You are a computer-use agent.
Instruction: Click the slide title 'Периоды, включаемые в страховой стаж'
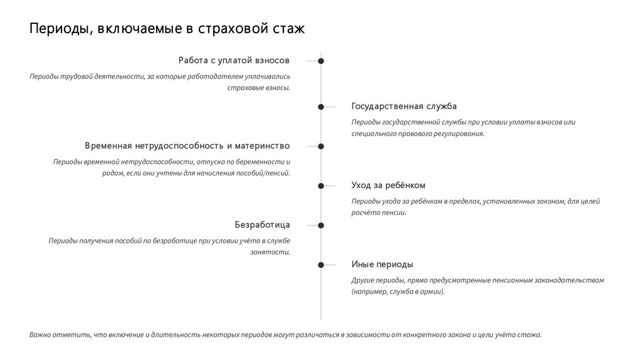coord(166,29)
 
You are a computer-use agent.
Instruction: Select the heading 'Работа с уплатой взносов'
coord(234,61)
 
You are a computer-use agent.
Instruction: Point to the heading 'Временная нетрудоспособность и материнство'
coord(187,146)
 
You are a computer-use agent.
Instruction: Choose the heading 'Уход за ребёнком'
coord(388,186)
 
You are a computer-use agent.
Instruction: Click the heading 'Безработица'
coord(262,225)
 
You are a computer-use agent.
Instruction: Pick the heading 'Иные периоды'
coord(382,265)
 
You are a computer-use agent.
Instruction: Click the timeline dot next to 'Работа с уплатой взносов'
coord(321,61)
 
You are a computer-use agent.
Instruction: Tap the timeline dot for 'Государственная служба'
coord(321,107)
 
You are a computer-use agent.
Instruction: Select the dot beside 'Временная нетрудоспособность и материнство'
coord(321,146)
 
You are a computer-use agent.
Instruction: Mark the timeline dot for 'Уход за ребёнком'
coord(321,186)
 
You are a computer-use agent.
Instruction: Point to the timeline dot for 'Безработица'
coord(321,225)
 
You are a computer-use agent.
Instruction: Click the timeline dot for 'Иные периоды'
coord(321,265)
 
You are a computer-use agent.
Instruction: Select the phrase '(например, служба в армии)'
coord(398,292)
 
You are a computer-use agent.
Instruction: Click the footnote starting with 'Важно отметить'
coord(285,335)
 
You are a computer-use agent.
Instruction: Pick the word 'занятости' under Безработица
coord(270,252)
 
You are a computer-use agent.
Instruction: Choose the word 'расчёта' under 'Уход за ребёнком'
coord(363,213)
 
